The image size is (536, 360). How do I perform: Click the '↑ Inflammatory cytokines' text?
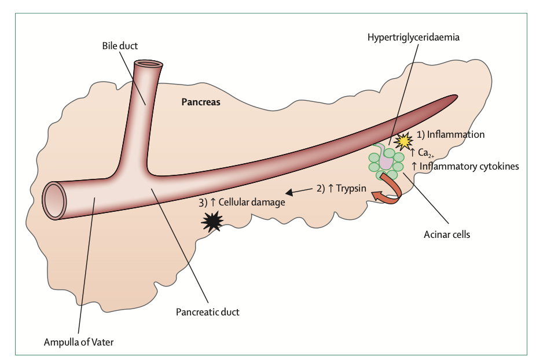[x=465, y=166]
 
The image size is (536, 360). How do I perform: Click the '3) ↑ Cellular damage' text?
[x=241, y=203]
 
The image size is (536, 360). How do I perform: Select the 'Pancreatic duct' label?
[x=207, y=311]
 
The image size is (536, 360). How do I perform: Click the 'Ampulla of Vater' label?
[x=79, y=341]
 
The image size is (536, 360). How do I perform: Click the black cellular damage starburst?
[x=211, y=222]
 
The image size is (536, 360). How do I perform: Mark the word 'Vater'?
[x=101, y=341]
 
